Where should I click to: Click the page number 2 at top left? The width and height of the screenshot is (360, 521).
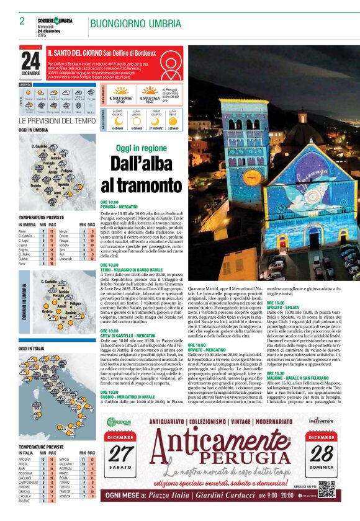[x=22, y=21]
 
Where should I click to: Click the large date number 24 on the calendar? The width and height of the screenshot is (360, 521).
[x=30, y=61]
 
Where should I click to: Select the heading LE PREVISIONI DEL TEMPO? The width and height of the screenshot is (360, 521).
[x=57, y=120]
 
